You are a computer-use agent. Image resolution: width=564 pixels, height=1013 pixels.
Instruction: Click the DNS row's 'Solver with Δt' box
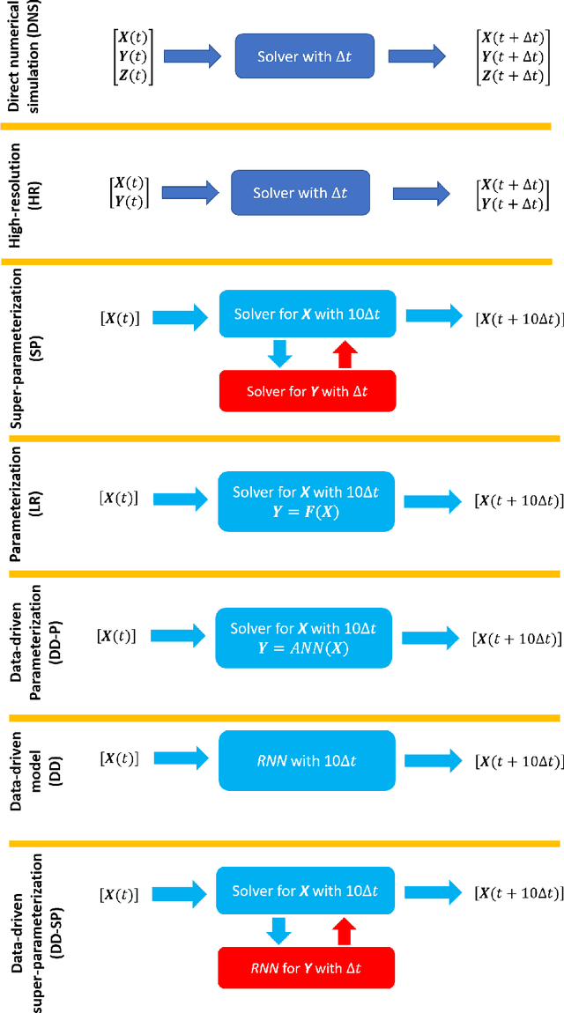pyautogui.click(x=304, y=56)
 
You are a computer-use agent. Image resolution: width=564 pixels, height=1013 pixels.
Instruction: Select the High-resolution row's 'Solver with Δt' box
pyautogui.click(x=301, y=193)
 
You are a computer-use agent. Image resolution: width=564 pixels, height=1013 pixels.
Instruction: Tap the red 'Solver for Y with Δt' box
pyautogui.click(x=308, y=391)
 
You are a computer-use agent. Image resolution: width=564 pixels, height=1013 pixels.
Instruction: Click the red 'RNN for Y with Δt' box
pyautogui.click(x=306, y=968)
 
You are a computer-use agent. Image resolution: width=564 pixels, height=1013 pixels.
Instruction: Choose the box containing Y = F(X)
pyautogui.click(x=305, y=501)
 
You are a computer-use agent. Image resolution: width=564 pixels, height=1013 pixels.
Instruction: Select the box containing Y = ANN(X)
pyautogui.click(x=303, y=638)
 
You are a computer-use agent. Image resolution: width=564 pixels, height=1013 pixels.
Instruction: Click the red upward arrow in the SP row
pyautogui.click(x=346, y=354)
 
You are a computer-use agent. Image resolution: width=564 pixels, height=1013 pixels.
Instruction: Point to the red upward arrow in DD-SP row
pyautogui.click(x=345, y=931)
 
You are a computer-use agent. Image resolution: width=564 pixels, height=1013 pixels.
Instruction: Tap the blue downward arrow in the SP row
pyautogui.click(x=279, y=354)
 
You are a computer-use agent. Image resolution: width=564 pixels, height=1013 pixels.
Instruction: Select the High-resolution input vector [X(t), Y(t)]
pyautogui.click(x=127, y=193)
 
